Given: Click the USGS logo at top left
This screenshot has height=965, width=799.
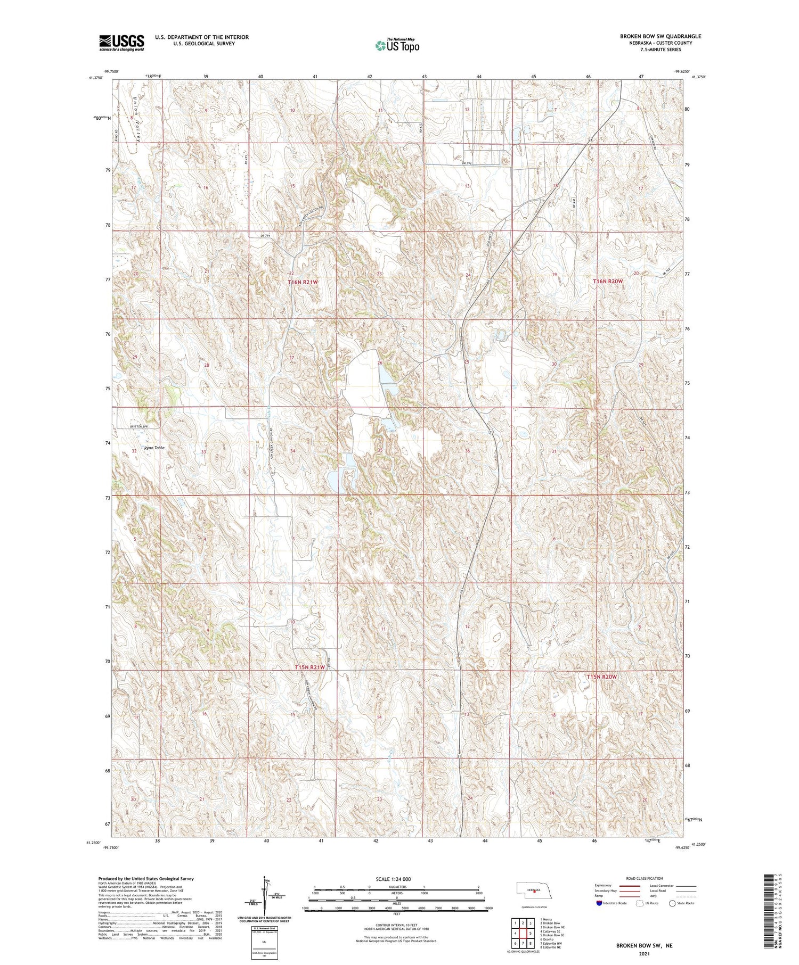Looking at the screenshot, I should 121,43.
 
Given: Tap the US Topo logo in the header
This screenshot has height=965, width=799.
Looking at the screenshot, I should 397,45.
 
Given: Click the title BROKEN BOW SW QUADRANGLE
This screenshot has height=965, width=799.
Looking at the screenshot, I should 660,36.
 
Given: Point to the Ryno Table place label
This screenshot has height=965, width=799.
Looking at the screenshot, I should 154,448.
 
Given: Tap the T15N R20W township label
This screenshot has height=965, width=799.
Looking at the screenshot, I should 601,677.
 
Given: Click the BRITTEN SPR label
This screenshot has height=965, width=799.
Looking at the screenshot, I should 138,427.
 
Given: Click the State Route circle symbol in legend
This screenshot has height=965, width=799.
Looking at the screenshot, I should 672,903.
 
